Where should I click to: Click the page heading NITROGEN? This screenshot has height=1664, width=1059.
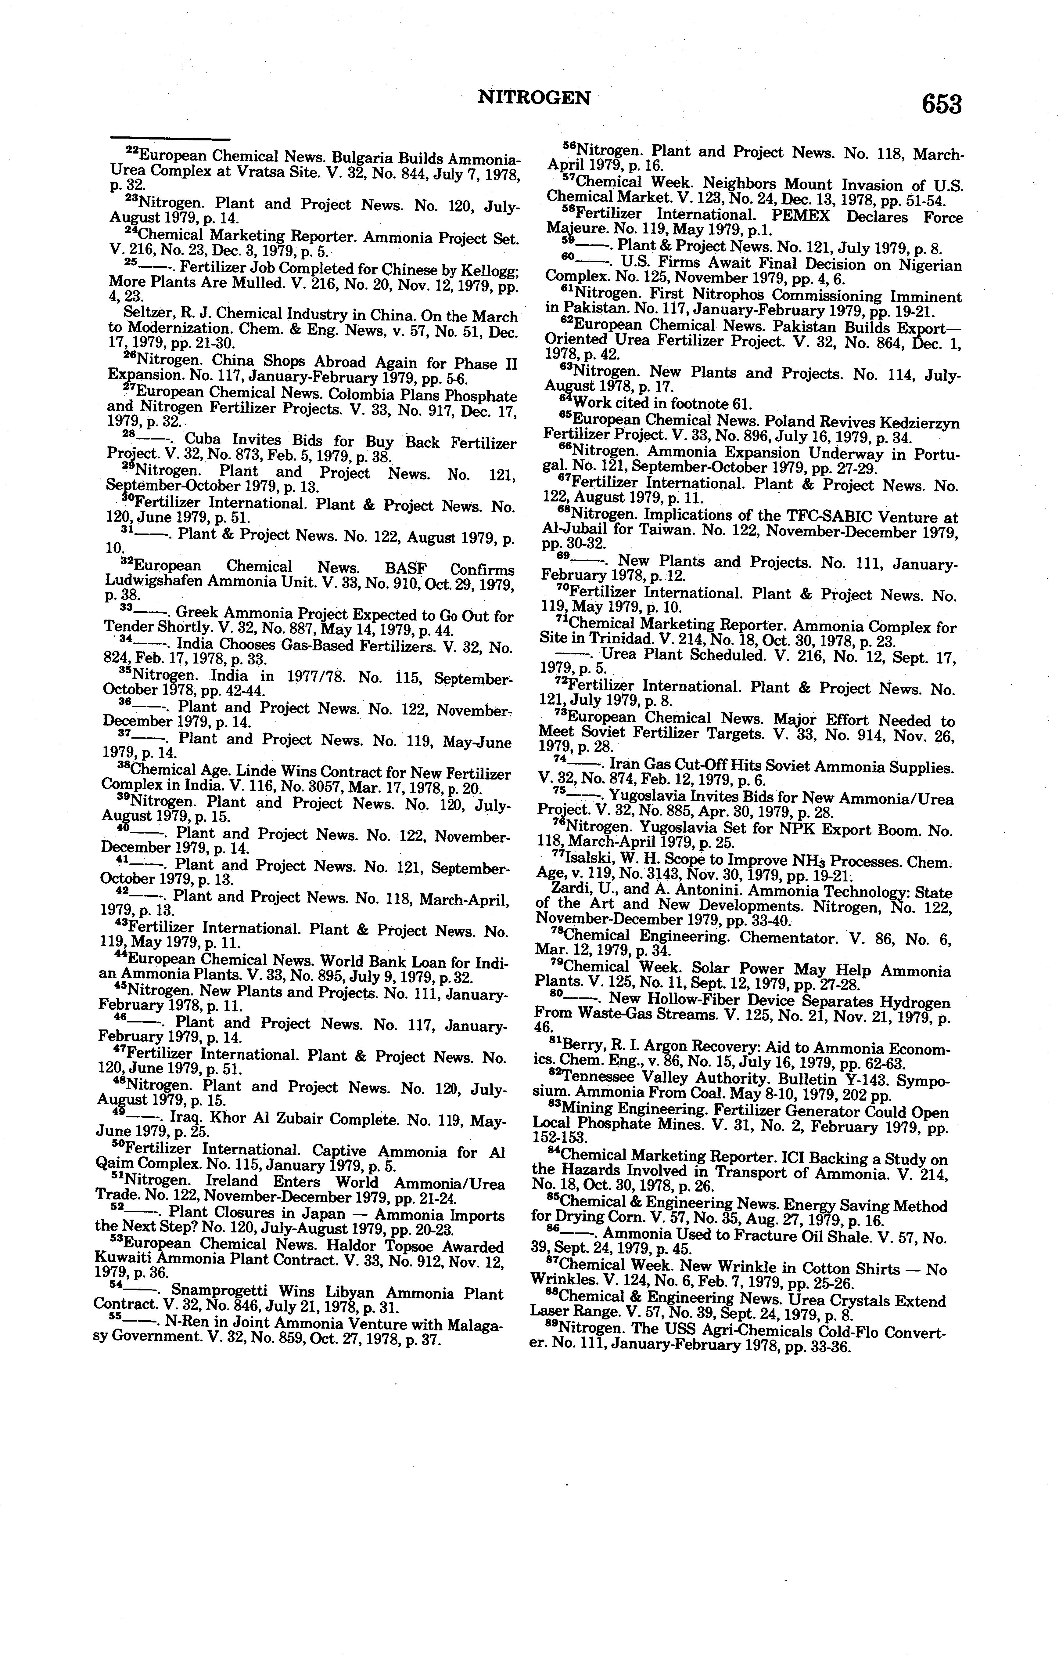point(534,98)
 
